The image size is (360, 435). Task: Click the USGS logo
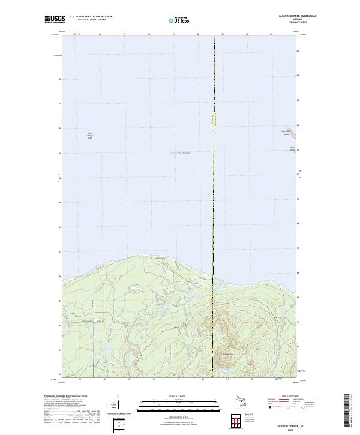55,19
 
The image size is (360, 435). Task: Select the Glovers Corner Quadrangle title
283,17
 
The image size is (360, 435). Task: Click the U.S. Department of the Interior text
91,17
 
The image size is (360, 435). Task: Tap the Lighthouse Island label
286,133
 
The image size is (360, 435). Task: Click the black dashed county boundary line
214,180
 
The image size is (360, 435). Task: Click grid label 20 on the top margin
198,34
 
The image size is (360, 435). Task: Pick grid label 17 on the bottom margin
129,379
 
